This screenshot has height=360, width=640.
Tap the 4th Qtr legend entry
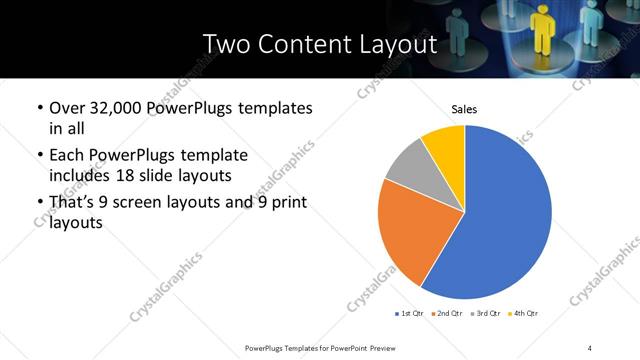(x=525, y=314)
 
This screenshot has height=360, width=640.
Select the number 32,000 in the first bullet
(x=114, y=107)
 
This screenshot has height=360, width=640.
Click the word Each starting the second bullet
(x=66, y=156)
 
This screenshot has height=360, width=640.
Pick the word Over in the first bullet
(x=67, y=107)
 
